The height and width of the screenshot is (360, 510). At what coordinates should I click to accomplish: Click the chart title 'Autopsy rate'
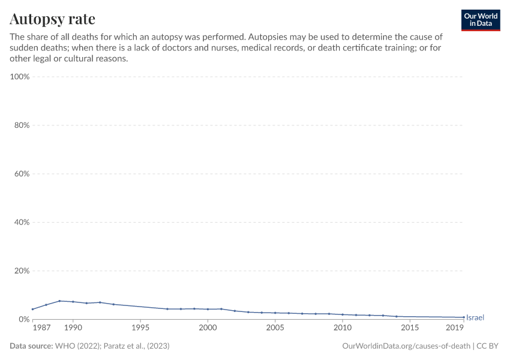coord(52,19)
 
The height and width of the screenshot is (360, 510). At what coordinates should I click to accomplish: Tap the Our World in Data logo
coord(481,20)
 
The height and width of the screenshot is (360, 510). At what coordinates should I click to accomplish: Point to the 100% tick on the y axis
coord(20,77)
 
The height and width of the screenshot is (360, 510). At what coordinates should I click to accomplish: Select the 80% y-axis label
coord(21,125)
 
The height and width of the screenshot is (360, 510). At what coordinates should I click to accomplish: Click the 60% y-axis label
coord(21,174)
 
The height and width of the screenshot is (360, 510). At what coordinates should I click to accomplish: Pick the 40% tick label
coord(21,223)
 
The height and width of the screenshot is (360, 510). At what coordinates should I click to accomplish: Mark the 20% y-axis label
coord(21,271)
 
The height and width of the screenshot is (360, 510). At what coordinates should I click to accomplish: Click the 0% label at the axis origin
coord(24,319)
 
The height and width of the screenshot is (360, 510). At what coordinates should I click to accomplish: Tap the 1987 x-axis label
coord(41,329)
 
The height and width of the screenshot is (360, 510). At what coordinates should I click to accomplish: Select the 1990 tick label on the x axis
coord(73,329)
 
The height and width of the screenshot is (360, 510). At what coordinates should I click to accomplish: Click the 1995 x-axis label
coord(140,329)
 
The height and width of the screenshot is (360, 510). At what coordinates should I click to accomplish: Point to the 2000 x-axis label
coord(208,329)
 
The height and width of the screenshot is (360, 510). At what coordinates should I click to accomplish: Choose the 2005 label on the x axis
coord(275,329)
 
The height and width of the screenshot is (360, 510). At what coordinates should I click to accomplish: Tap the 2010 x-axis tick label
coord(342,329)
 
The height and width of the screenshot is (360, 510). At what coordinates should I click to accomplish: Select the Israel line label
coord(475,317)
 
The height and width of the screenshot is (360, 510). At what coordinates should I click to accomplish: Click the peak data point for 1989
coord(59,301)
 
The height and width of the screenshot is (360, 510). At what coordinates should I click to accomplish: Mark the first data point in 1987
coord(32,309)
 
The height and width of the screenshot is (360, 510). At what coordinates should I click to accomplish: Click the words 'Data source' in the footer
coord(31,346)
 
